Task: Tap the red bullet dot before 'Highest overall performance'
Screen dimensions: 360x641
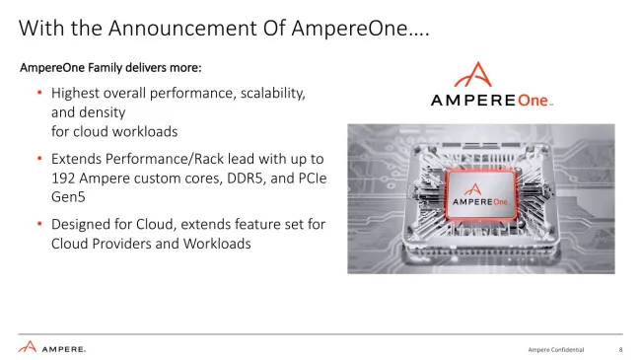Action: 40,93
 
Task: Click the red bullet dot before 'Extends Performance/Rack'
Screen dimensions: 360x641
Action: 40,159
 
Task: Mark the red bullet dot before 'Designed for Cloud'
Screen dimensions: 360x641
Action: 40,225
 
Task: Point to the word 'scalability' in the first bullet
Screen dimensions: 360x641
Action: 268,93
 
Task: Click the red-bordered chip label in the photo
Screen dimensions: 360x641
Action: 481,196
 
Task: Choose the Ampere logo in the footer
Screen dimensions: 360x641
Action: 52,347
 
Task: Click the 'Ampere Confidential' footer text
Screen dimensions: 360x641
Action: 556,350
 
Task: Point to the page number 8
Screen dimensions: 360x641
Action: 620,350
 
